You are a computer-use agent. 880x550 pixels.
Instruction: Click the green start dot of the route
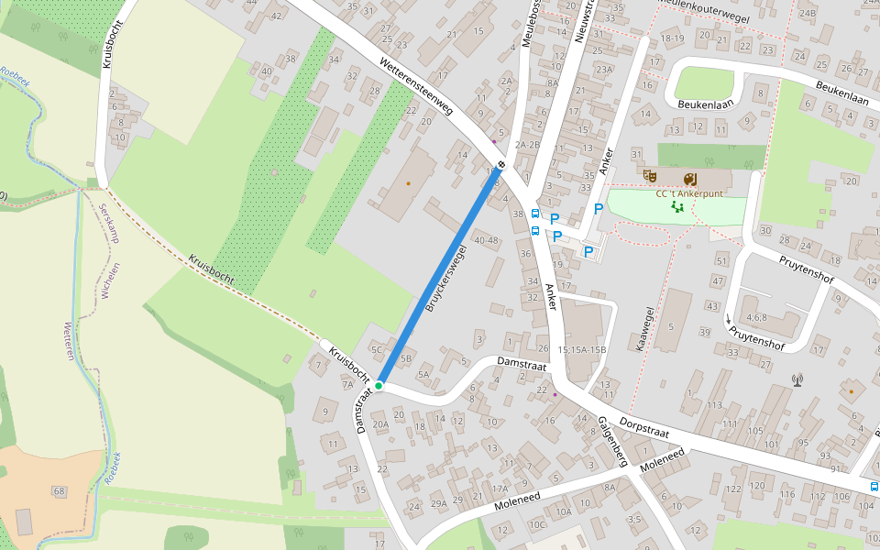pos(379,387)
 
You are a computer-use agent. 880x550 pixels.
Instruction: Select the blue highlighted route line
pos(440,275)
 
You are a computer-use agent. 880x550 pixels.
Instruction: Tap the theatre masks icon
pos(650,176)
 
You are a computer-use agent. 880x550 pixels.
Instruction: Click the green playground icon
pos(678,207)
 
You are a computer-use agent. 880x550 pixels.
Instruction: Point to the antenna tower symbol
pos(797,379)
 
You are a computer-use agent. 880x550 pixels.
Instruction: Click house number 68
pos(60,492)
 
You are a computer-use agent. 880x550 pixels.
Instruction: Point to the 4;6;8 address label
pos(756,318)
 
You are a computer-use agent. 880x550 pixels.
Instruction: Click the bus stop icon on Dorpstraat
pos(874,486)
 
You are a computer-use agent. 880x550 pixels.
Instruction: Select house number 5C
pos(377,349)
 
